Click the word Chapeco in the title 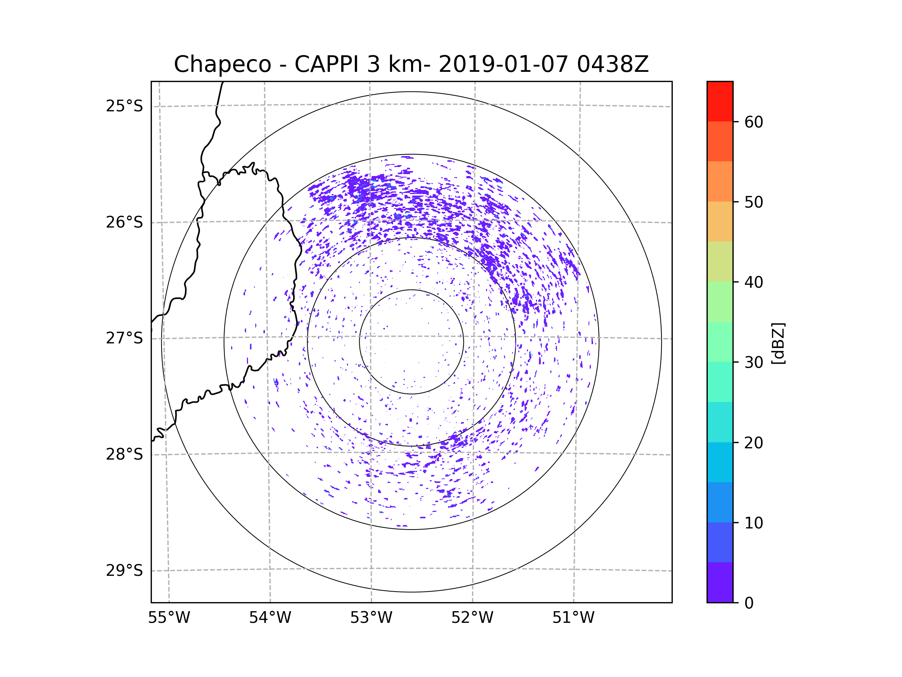222,64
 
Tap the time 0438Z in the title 613,64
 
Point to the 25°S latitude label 124,106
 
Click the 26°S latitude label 124,222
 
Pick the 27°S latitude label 124,338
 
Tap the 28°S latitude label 124,454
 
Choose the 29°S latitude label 124,571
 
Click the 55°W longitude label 169,618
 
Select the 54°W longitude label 270,618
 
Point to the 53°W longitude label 371,618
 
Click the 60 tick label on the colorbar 754,122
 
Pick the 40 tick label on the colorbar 754,282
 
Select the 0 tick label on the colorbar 749,603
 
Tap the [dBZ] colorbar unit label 778,344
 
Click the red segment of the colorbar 720,101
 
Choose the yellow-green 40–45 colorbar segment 720,261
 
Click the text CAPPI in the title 326,64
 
